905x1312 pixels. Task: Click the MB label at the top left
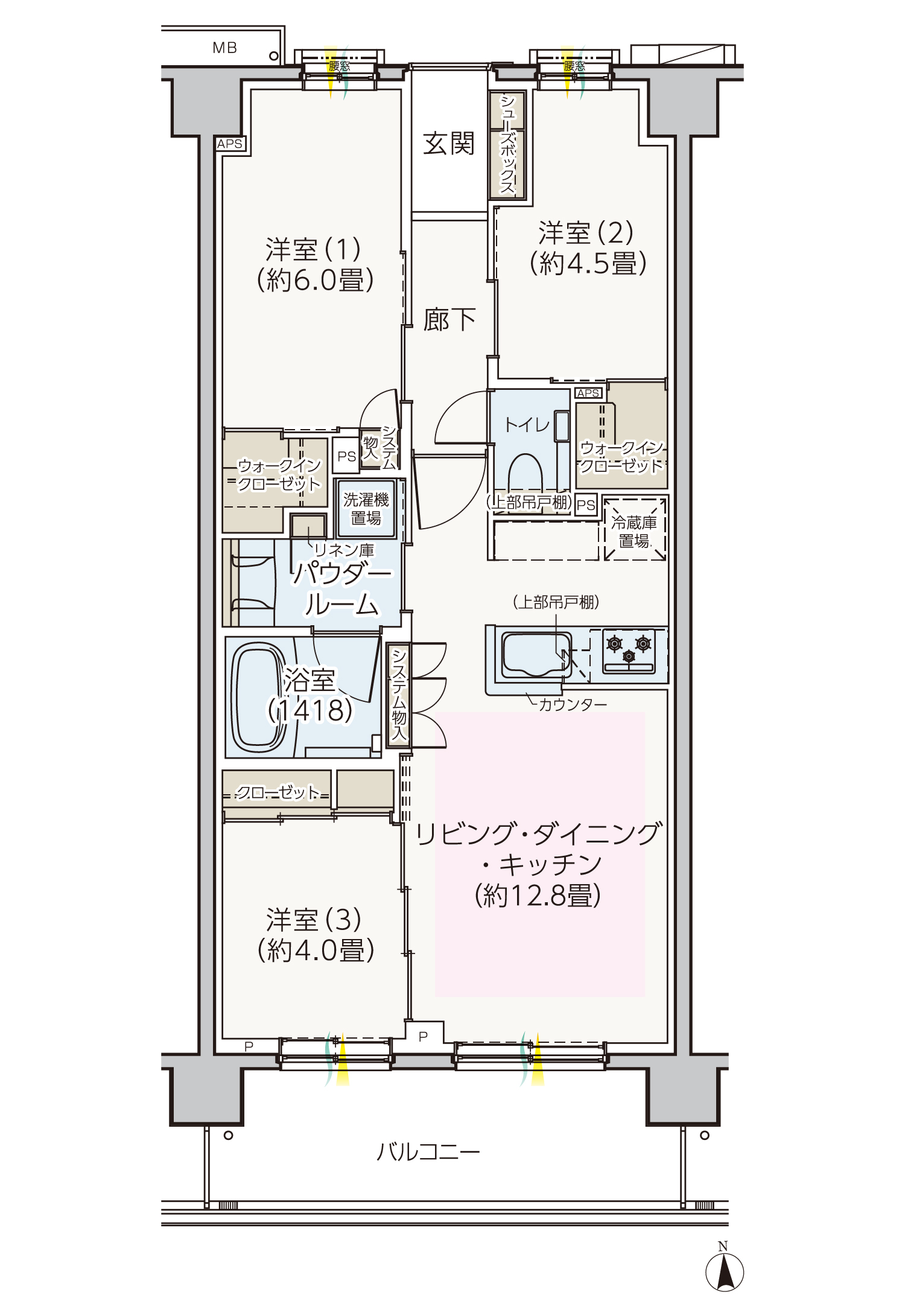click(x=224, y=48)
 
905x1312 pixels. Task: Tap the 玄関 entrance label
click(x=449, y=144)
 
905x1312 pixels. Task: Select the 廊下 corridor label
click(x=449, y=319)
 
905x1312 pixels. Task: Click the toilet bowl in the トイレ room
click(x=526, y=473)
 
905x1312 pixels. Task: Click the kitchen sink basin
click(x=536, y=654)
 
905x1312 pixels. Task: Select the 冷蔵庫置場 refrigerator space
click(x=634, y=529)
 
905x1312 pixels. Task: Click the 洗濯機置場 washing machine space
click(x=366, y=509)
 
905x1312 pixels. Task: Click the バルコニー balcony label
click(x=428, y=1152)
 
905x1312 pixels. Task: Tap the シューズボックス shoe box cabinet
click(x=507, y=145)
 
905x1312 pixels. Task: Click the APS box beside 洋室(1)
click(x=230, y=144)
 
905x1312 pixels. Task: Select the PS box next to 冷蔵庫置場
click(x=586, y=505)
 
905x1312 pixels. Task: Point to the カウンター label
click(x=572, y=704)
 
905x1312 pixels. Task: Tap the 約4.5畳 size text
click(x=588, y=263)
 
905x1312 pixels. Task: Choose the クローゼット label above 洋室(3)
click(x=277, y=792)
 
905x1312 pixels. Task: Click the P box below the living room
click(x=424, y=1036)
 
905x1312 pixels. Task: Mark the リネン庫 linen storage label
click(x=344, y=550)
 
